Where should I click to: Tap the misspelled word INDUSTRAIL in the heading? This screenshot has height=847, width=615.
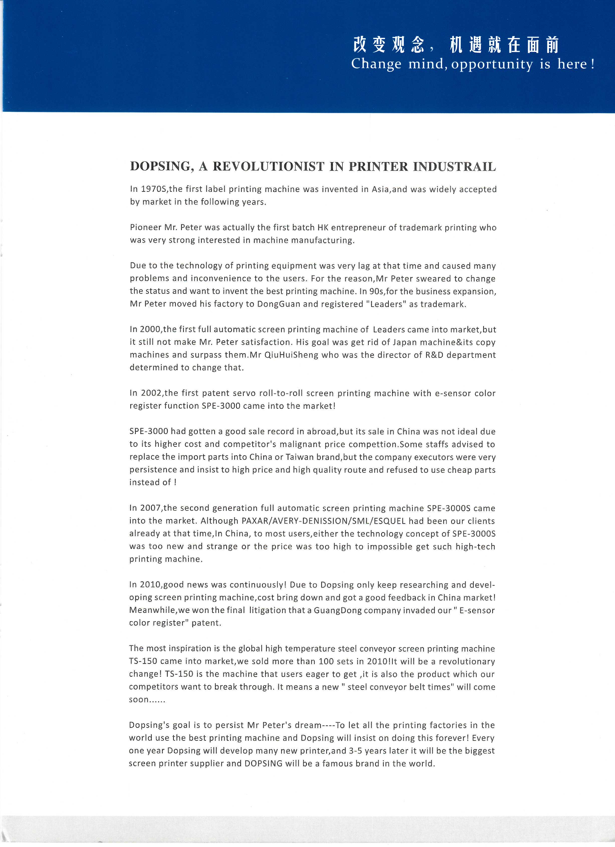[454, 167]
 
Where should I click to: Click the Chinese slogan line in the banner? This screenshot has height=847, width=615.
[456, 45]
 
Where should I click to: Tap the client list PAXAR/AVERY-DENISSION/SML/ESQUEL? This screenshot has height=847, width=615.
[324, 521]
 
